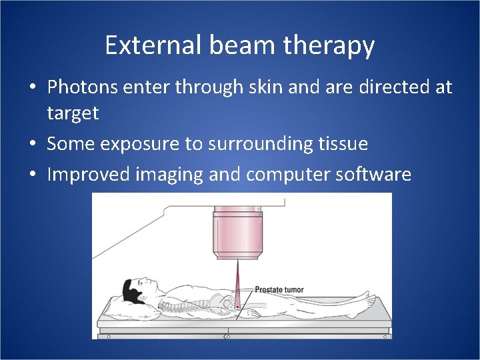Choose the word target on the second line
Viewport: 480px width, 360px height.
[x=73, y=114]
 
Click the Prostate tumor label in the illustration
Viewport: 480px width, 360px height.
[x=279, y=289]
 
